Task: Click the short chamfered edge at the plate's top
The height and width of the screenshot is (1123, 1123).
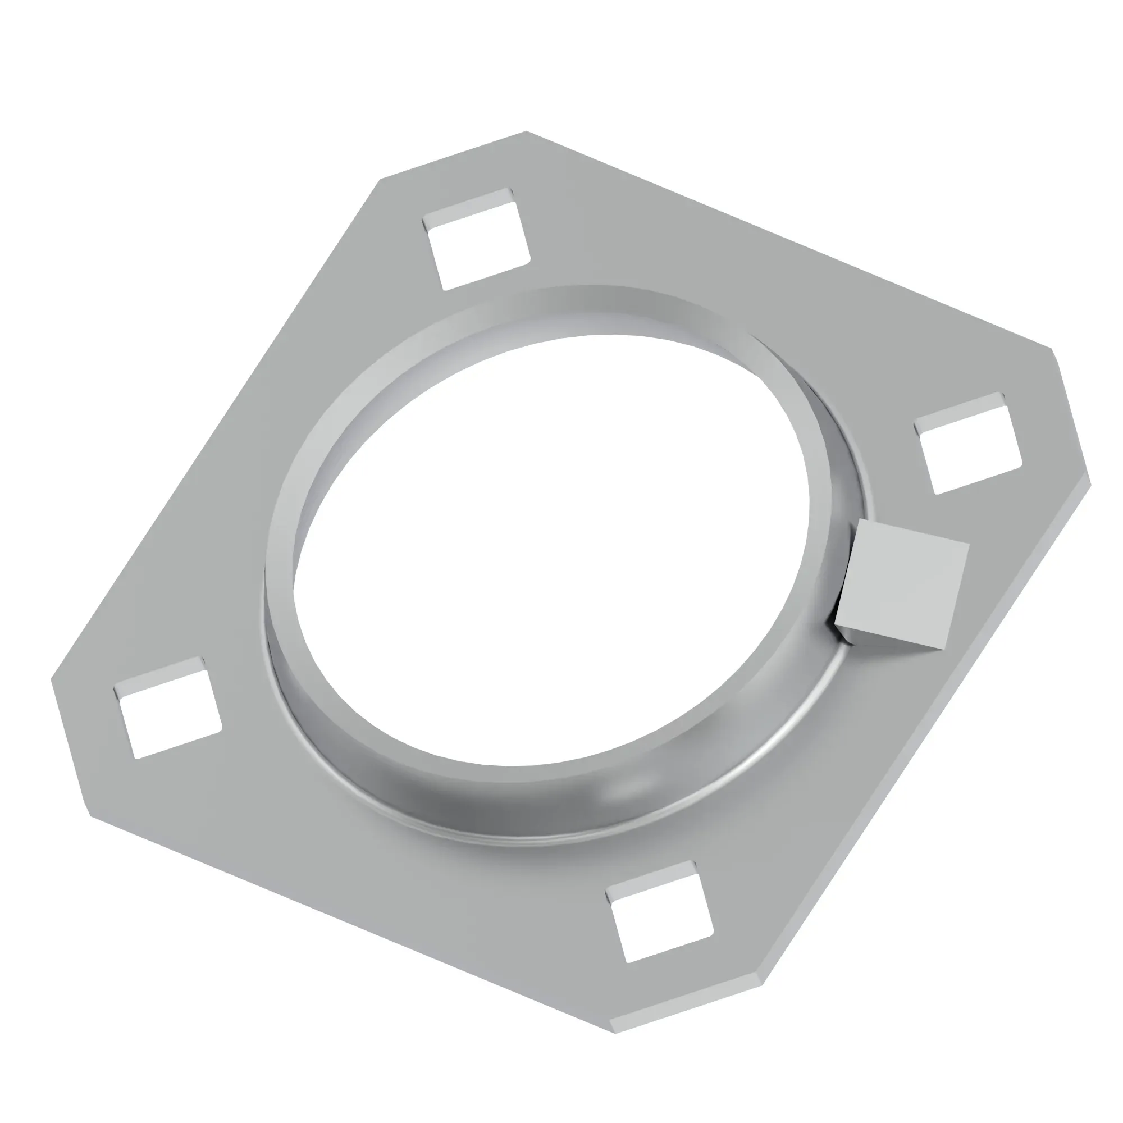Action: (x=453, y=154)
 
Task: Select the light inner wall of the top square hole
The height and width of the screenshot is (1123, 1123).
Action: (x=468, y=203)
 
